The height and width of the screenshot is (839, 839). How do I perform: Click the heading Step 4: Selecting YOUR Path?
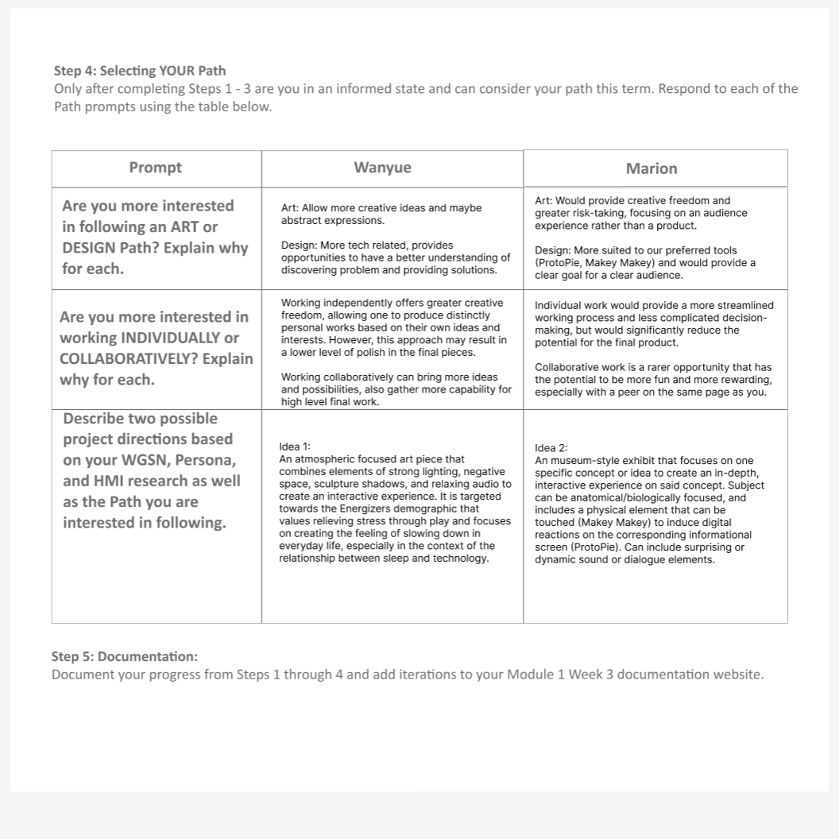click(x=140, y=71)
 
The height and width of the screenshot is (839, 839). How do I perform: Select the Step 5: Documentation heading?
click(x=125, y=656)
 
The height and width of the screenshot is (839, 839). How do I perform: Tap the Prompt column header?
click(x=156, y=168)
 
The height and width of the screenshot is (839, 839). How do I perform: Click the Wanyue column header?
click(x=382, y=168)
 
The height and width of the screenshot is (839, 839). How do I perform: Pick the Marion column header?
click(x=651, y=168)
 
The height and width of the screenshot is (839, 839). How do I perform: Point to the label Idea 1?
click(x=295, y=447)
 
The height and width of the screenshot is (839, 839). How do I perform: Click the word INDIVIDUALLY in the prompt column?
click(x=167, y=338)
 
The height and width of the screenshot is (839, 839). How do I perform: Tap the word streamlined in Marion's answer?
click(x=739, y=306)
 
